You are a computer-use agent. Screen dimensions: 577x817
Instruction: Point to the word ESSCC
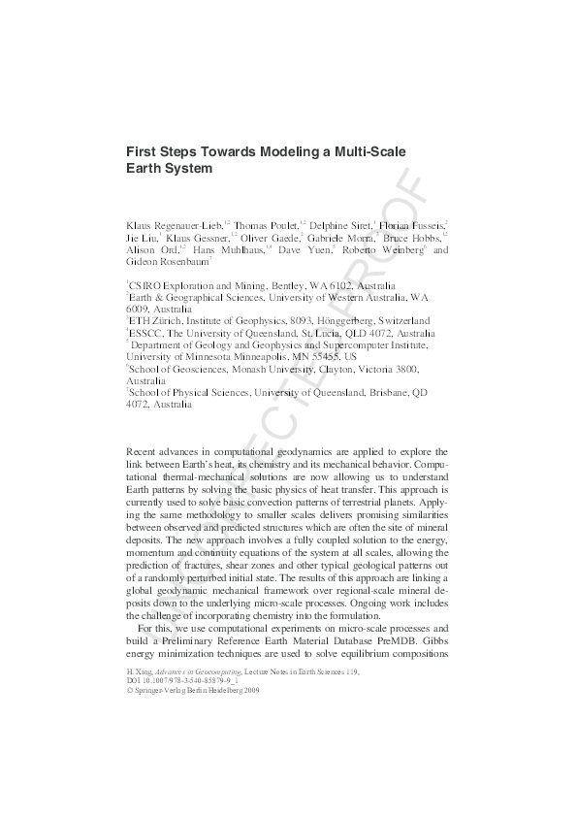148,333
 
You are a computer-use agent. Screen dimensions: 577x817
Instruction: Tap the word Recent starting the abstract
144,452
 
